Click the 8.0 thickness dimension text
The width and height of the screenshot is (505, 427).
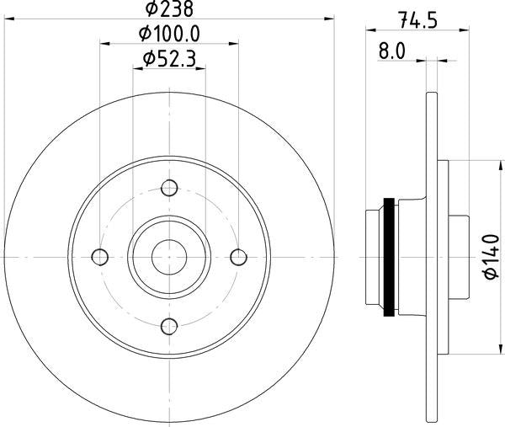pyautogui.click(x=392, y=51)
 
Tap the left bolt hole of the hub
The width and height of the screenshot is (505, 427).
pyautogui.click(x=100, y=256)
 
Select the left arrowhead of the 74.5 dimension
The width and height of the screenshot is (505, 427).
pyautogui.click(x=370, y=30)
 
